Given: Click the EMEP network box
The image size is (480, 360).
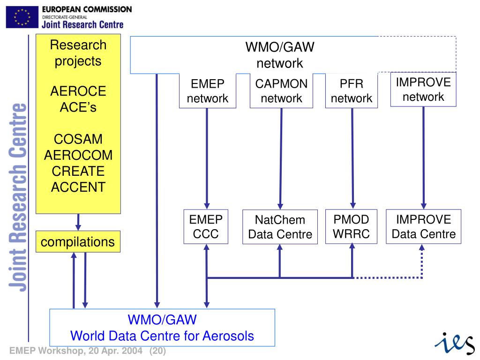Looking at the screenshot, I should point(207,91).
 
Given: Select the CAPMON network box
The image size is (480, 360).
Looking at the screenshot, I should point(281,91).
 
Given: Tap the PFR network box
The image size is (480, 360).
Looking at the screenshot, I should point(352,91).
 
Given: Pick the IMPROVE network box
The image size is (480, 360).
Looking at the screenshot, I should point(423,90).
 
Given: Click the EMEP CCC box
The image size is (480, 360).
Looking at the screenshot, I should point(206,226).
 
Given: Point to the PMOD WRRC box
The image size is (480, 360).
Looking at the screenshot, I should point(352,226).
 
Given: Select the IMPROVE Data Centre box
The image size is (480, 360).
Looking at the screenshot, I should point(424,226).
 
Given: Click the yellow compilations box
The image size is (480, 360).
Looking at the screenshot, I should point(78,242).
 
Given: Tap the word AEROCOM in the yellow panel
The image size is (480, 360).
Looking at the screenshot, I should point(78,155).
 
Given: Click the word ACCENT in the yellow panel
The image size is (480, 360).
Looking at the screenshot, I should point(78,187).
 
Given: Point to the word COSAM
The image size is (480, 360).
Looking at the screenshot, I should point(78,139).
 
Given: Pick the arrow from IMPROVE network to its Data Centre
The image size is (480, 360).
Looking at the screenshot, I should point(424,157).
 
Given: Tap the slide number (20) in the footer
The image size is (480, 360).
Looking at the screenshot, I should point(158,351).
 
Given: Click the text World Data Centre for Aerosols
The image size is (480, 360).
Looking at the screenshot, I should point(162,336).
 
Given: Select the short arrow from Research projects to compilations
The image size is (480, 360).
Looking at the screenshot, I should point(78,222).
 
